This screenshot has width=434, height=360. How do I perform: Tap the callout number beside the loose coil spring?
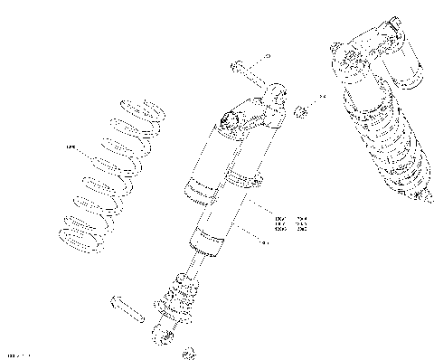pyautogui.click(x=71, y=148)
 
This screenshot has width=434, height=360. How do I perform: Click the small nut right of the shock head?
pyautogui.click(x=303, y=110)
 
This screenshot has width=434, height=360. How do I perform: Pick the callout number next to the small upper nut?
pyautogui.click(x=320, y=93)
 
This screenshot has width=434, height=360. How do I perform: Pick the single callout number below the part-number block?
pyautogui.click(x=263, y=242)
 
